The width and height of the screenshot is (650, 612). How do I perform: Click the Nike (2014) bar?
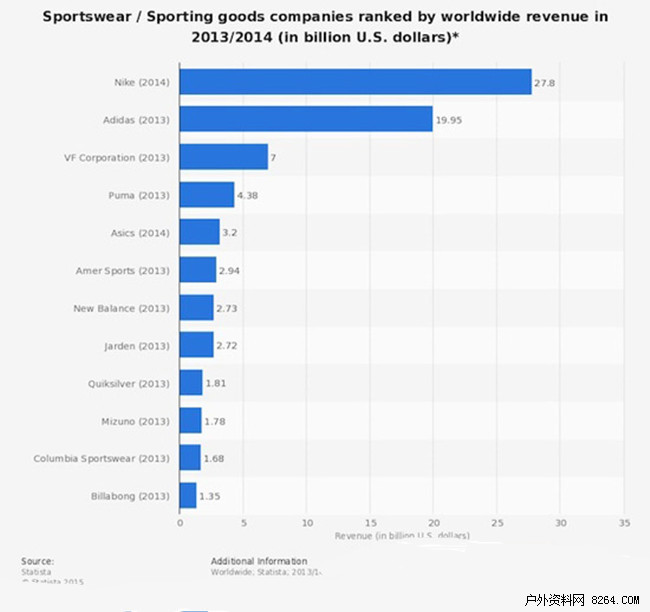click(x=355, y=82)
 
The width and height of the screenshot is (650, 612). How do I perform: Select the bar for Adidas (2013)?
click(x=306, y=119)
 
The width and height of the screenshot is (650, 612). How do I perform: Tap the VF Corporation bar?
click(x=224, y=157)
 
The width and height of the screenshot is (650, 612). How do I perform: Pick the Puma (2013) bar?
click(x=207, y=194)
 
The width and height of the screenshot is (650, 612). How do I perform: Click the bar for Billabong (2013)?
click(x=188, y=495)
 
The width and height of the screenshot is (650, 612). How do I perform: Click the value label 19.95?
click(x=448, y=121)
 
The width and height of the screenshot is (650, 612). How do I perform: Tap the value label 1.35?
click(x=211, y=496)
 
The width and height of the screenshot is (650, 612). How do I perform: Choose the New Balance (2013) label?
click(x=122, y=308)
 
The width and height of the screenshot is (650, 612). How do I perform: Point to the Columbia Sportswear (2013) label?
click(x=102, y=458)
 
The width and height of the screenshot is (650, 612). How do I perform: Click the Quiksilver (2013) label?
click(x=127, y=383)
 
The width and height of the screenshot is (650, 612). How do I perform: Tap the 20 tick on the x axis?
click(x=434, y=522)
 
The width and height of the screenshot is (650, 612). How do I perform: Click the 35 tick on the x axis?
click(x=624, y=522)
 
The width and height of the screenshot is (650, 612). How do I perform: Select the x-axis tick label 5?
click(x=243, y=522)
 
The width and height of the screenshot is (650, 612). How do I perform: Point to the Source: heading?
click(x=37, y=561)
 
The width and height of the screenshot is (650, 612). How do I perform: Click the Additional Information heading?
click(x=259, y=561)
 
